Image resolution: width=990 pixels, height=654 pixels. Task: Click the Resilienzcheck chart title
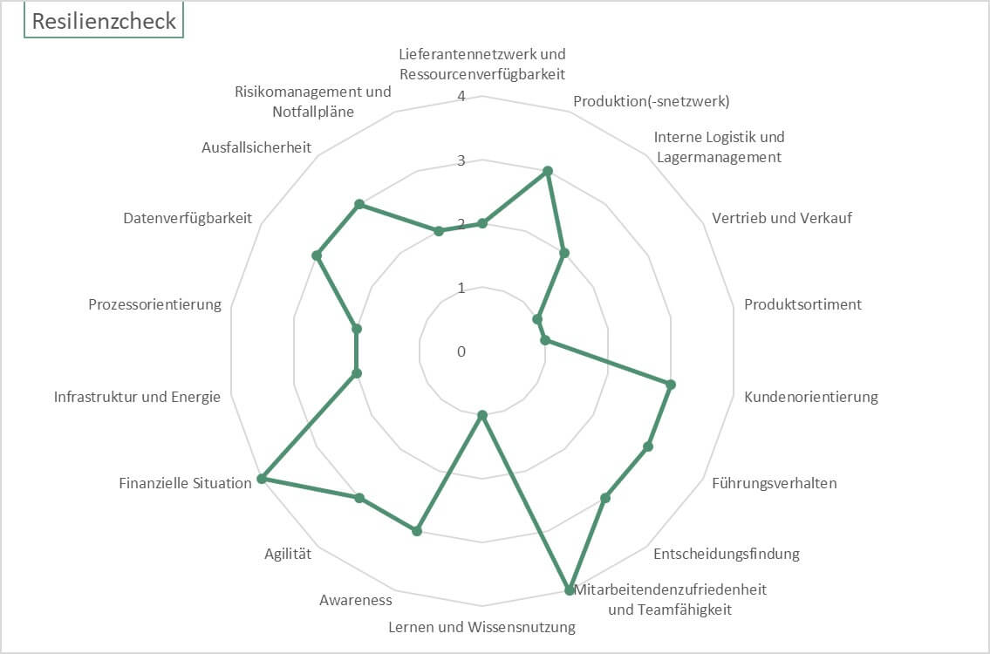(104, 21)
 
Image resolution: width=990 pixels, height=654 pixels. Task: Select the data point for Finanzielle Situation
(263, 479)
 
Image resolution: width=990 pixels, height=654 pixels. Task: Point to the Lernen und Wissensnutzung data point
(482, 415)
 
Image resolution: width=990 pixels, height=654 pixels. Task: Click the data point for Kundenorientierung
(671, 385)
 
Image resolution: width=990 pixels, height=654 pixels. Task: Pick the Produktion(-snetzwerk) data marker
(548, 171)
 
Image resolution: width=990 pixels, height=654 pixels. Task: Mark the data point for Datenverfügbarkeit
(317, 255)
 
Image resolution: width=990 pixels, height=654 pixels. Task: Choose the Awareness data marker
(417, 531)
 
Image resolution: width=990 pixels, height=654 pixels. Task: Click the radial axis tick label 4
(461, 97)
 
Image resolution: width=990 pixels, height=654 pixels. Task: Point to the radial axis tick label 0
(461, 351)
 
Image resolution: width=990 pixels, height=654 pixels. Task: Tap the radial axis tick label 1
(461, 289)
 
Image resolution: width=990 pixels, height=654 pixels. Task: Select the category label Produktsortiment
(802, 304)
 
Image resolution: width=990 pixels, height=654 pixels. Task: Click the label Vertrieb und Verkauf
(782, 218)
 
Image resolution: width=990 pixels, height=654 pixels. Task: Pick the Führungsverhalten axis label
(774, 483)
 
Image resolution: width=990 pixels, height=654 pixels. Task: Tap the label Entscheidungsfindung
(726, 554)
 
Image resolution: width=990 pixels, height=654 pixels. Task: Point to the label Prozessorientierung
(154, 304)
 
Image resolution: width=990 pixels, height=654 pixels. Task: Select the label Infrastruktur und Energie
(137, 397)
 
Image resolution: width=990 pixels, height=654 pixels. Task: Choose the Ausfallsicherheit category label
(256, 147)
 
